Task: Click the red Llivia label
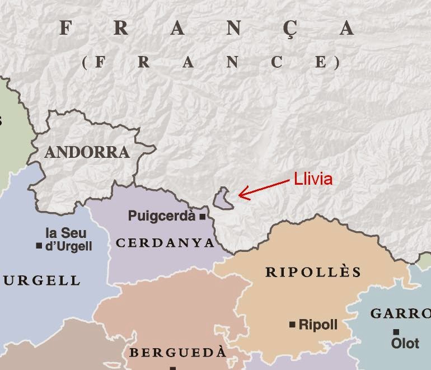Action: [x=313, y=179]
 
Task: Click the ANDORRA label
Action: [x=87, y=152]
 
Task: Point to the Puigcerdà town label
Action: [x=162, y=216]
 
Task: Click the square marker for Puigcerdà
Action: [x=202, y=216]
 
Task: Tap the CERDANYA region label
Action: [x=165, y=243]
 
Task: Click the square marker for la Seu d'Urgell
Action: [x=39, y=246]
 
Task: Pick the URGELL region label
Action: [x=42, y=280]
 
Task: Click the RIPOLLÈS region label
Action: [x=313, y=273]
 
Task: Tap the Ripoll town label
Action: [x=318, y=324]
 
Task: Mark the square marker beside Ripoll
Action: [x=292, y=324]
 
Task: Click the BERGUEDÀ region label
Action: [x=178, y=353]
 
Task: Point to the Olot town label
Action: [x=405, y=343]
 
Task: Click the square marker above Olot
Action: [x=396, y=331]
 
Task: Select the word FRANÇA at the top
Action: [x=207, y=28]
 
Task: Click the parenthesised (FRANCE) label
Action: [x=211, y=62]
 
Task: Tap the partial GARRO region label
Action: [x=400, y=313]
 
